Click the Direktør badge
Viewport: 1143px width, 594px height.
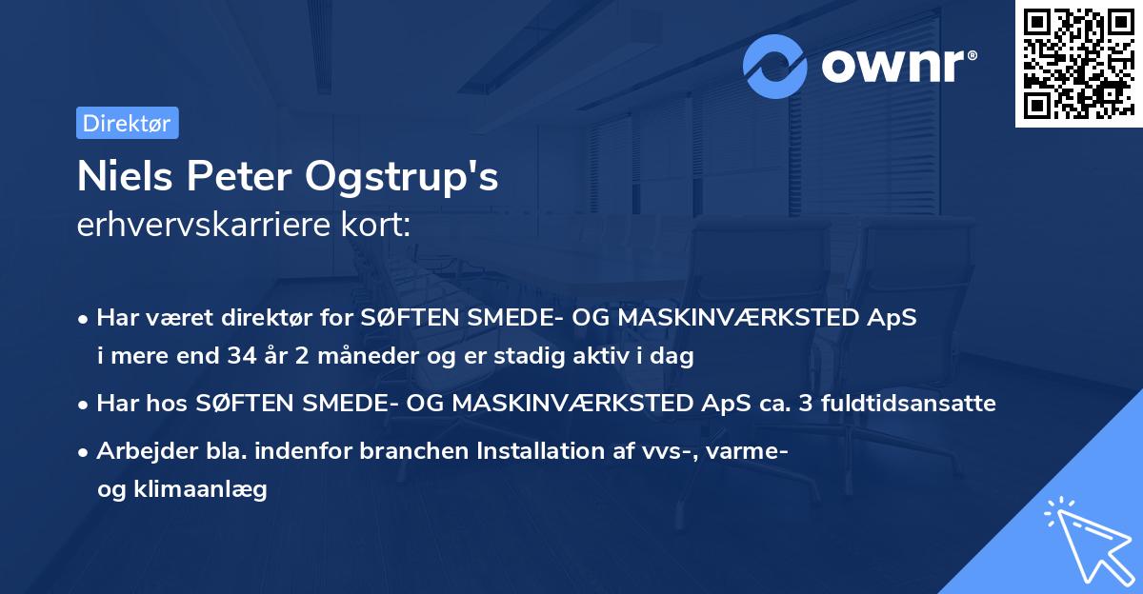(x=127, y=123)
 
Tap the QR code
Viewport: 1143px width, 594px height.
(x=1077, y=63)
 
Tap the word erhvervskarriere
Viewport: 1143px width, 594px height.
(x=199, y=226)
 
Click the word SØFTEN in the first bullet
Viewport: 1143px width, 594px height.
(x=404, y=318)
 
